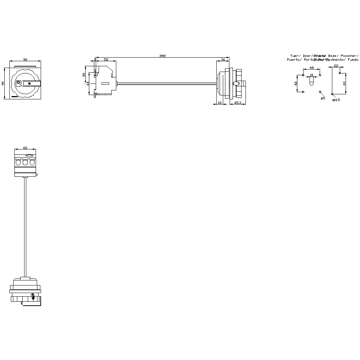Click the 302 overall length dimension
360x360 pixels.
pyautogui.click(x=162, y=56)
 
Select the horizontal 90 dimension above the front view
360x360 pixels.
pyautogui.click(x=25, y=59)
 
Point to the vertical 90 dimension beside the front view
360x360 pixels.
pyautogui.click(x=3, y=83)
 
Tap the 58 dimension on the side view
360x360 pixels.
pyautogui.click(x=106, y=59)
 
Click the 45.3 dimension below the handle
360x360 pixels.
pyautogui.click(x=238, y=103)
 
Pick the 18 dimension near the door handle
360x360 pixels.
pyautogui.click(x=220, y=103)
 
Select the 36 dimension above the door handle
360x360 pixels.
pyautogui.click(x=223, y=59)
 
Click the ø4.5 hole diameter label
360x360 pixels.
pyautogui.click(x=336, y=100)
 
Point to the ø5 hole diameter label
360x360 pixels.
pyautogui.click(x=323, y=98)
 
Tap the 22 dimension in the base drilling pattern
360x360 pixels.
pyautogui.click(x=336, y=66)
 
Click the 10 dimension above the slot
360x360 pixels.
pyautogui.click(x=311, y=75)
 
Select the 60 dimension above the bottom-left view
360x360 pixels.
pyautogui.click(x=25, y=148)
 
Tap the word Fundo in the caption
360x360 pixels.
pyautogui.click(x=353, y=60)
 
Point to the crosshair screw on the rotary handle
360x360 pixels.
pyautogui.click(x=34, y=84)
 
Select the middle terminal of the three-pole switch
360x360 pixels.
pyautogui.click(x=25, y=162)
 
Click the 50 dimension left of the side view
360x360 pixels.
pyautogui.click(x=84, y=75)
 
